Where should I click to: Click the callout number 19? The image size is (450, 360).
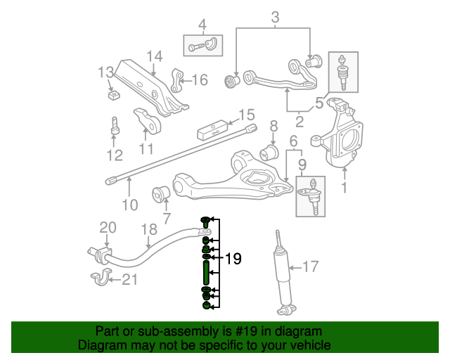[233, 259]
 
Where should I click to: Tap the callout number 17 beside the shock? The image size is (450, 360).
[310, 266]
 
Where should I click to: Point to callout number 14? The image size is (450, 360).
[155, 56]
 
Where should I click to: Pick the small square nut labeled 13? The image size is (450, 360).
[112, 92]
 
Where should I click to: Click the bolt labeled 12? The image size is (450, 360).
[115, 128]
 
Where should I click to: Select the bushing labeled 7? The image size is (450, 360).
[162, 191]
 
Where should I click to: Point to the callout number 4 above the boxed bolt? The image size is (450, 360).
[202, 26]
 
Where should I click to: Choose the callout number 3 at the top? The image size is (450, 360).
[275, 17]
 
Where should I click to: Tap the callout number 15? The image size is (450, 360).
[246, 115]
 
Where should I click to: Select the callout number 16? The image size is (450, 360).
[200, 80]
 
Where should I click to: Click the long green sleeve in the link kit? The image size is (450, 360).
[205, 272]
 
